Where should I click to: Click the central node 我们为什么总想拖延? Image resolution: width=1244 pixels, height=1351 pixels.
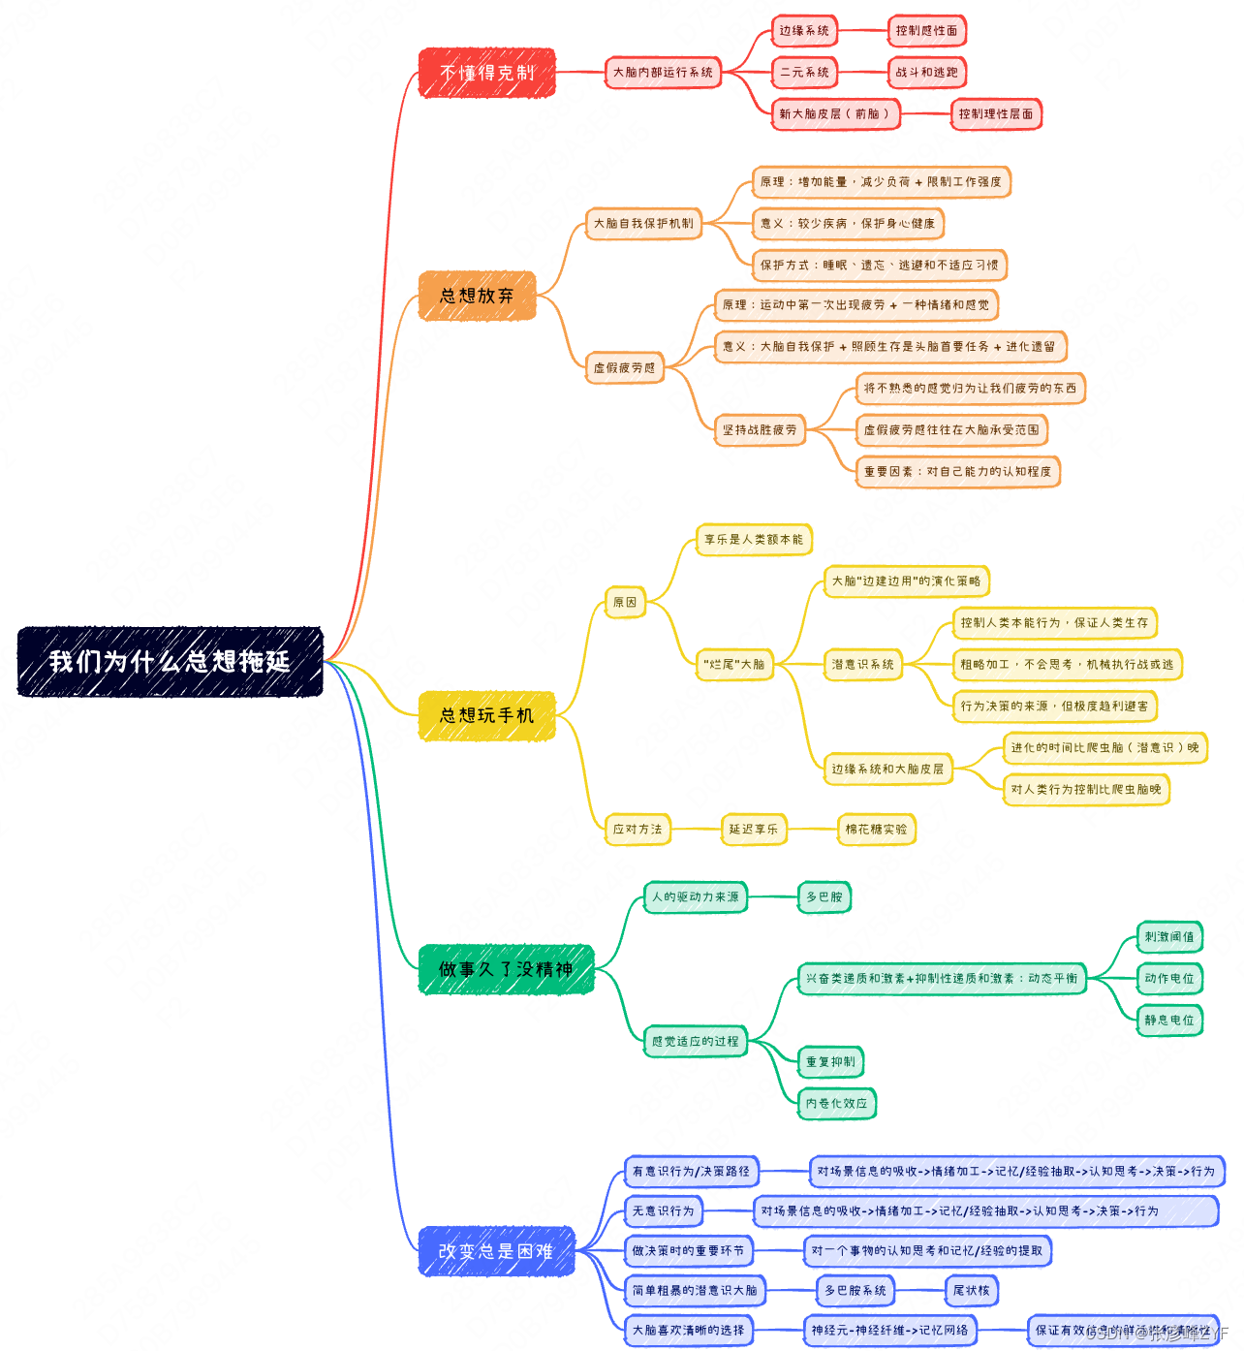[170, 662]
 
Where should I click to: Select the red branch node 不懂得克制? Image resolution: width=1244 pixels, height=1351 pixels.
[486, 73]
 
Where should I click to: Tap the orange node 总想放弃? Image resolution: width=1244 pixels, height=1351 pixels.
[477, 296]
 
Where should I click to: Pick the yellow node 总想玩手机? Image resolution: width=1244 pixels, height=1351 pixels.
[486, 715]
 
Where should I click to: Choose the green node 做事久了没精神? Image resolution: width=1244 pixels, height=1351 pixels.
[505, 969]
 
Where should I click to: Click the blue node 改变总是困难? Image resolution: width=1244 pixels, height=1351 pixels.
[496, 1251]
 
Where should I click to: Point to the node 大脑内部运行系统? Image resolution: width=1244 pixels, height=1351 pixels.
[663, 73]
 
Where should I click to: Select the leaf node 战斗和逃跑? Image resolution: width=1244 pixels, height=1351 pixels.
[926, 73]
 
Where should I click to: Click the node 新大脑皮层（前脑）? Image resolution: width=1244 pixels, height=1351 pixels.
[834, 114]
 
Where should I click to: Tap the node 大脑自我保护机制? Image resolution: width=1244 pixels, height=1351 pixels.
[643, 224]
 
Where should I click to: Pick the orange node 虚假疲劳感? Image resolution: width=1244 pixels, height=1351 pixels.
[624, 368]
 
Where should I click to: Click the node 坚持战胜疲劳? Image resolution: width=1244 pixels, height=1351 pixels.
[760, 430]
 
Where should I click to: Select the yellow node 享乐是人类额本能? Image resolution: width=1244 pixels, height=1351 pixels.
[754, 540]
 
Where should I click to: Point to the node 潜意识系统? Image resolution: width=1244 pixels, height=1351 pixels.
[862, 665]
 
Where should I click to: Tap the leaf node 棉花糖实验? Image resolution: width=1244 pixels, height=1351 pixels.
[876, 830]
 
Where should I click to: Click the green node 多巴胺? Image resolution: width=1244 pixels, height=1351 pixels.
[824, 897]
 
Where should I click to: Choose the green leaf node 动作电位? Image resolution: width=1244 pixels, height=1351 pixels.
[1169, 979]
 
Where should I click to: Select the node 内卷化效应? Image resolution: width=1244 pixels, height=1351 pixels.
[837, 1103]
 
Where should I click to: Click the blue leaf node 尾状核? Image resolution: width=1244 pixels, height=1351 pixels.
[971, 1291]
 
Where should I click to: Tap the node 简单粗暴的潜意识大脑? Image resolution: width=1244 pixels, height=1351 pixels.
[695, 1291]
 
